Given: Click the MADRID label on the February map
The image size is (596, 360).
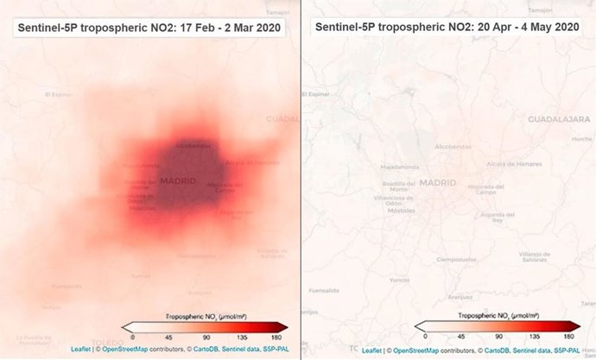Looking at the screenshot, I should coord(178,180).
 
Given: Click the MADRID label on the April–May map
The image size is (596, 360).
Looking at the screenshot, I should coord(437,182).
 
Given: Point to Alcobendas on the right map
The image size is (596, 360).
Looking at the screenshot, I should coord(453,147).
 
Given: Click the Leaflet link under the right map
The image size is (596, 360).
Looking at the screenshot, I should coord(372,351).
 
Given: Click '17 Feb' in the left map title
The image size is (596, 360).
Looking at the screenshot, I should coord(194,27).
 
